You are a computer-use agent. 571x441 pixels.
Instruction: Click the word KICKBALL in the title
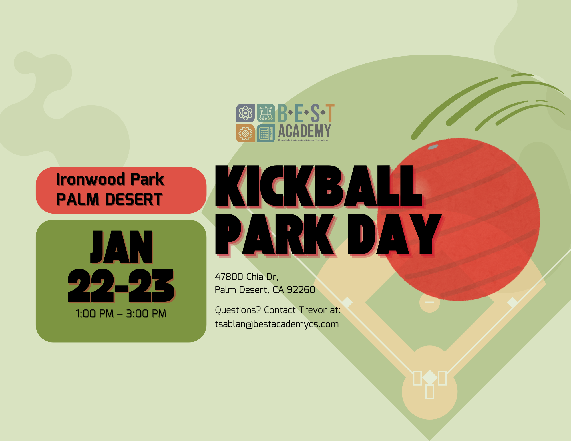click(x=319, y=186)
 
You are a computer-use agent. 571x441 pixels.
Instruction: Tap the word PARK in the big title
click(x=275, y=235)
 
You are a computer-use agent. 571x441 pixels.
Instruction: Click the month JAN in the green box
click(x=122, y=247)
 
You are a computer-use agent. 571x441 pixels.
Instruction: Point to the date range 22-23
click(x=121, y=286)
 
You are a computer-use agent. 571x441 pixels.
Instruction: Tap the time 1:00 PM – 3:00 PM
click(x=121, y=314)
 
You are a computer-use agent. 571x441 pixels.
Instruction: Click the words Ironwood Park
click(x=110, y=179)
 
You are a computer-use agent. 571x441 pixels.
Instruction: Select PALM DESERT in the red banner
click(x=109, y=199)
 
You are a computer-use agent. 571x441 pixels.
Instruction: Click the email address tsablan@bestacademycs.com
click(x=277, y=324)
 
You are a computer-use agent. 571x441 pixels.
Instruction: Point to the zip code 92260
click(x=301, y=290)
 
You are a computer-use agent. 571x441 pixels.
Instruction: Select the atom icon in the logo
click(x=246, y=113)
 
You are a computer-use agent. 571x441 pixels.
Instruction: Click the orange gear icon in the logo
click(x=246, y=133)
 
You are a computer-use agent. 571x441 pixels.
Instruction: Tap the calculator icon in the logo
click(x=266, y=133)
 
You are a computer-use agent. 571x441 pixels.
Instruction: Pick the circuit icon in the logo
click(x=266, y=113)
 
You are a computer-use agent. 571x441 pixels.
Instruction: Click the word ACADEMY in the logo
click(x=305, y=131)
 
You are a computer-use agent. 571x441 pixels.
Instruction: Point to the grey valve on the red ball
click(x=433, y=147)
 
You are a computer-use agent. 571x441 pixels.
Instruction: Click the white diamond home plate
click(x=430, y=378)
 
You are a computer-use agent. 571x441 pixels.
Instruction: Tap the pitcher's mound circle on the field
click(x=430, y=302)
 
